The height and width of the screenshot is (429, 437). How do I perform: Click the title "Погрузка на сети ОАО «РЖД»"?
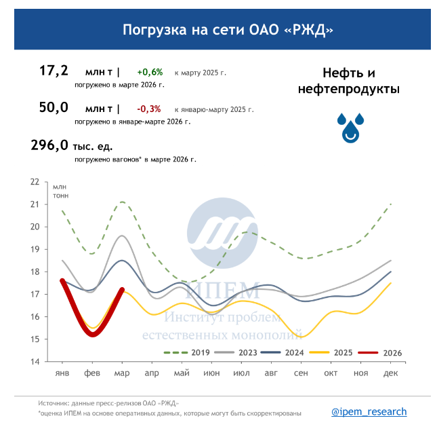tap(228, 29)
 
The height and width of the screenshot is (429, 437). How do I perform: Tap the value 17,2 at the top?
tap(54, 71)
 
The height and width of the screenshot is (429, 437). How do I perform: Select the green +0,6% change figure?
tap(150, 72)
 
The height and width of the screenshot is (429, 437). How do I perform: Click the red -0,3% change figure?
tap(149, 109)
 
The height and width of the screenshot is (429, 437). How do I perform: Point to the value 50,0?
tap(54, 107)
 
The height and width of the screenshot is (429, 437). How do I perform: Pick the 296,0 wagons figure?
tap(50, 145)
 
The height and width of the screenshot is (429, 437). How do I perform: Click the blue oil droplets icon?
tap(350, 127)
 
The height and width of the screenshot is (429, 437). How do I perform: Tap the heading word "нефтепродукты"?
tap(349, 89)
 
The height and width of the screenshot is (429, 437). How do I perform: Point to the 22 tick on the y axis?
tap(35, 182)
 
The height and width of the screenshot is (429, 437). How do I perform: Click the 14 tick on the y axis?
tap(35, 362)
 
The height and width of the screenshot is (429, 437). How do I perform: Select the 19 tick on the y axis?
tap(35, 249)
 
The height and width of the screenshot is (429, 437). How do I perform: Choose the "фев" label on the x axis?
tap(92, 374)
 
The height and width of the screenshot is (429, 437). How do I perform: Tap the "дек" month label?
tap(391, 374)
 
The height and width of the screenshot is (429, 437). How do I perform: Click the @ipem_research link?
tap(369, 411)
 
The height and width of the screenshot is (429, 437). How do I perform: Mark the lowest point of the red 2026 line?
tap(92, 335)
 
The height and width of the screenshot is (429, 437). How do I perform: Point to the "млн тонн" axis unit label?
tap(61, 191)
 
